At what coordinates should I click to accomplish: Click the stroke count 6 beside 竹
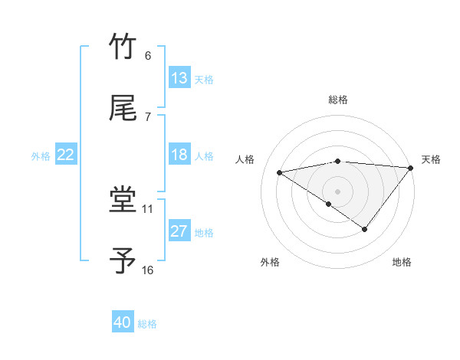point(147,56)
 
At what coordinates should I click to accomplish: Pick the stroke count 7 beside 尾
point(147,117)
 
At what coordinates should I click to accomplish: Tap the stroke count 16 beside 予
point(148,270)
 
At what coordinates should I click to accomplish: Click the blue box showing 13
point(179,78)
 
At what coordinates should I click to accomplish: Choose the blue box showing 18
point(179,155)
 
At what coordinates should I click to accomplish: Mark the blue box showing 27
point(179,231)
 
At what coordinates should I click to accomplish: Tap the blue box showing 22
point(66,155)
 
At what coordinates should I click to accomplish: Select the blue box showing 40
point(123,323)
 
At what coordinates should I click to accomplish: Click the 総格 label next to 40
point(148,324)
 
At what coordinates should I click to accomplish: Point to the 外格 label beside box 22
point(41,155)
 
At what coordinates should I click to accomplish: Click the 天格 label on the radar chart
point(431,159)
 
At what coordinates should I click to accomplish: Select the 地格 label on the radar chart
point(402,262)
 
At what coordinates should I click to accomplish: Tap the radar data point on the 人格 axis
point(280,172)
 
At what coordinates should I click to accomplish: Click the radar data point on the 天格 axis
point(411,168)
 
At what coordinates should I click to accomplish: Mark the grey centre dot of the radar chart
point(337,191)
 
